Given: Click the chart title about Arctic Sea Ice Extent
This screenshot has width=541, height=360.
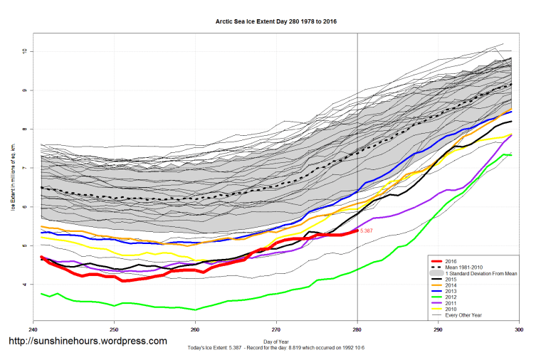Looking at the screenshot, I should coord(276,22).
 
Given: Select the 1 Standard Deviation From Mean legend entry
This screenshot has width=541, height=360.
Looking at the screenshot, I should coord(484,273).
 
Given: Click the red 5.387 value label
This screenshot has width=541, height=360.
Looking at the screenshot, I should coord(367,231).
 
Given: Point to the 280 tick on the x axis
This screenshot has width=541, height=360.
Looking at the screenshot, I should coord(357,330).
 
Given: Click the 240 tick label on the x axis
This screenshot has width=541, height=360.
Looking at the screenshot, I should coord(33,330).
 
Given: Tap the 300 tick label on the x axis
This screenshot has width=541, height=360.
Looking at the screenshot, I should coord(519,330).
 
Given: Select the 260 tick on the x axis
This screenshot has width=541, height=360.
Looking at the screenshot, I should coord(195,330).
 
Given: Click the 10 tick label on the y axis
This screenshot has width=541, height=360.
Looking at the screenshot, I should coord(23,51).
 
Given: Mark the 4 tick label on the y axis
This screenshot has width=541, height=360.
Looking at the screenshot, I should coord(23,285).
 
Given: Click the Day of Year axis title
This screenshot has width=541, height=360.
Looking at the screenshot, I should coord(276,343).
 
